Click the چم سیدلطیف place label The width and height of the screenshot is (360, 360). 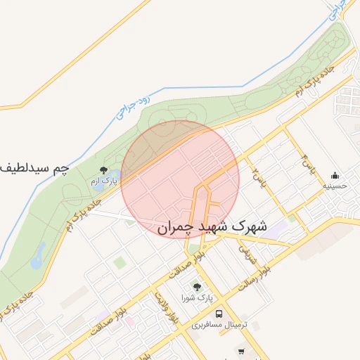35,168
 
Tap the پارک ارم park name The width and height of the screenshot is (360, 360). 104,181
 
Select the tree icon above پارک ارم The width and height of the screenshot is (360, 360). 104,171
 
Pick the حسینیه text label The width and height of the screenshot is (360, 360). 335,186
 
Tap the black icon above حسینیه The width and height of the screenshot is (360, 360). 335,176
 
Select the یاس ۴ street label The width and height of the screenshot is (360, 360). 307,163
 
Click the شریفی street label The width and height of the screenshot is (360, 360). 245,253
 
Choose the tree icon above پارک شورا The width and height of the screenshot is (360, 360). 197,287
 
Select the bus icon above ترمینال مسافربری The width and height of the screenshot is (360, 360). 219,314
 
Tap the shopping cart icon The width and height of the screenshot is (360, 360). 241,351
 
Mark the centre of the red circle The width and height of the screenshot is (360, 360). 180,179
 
